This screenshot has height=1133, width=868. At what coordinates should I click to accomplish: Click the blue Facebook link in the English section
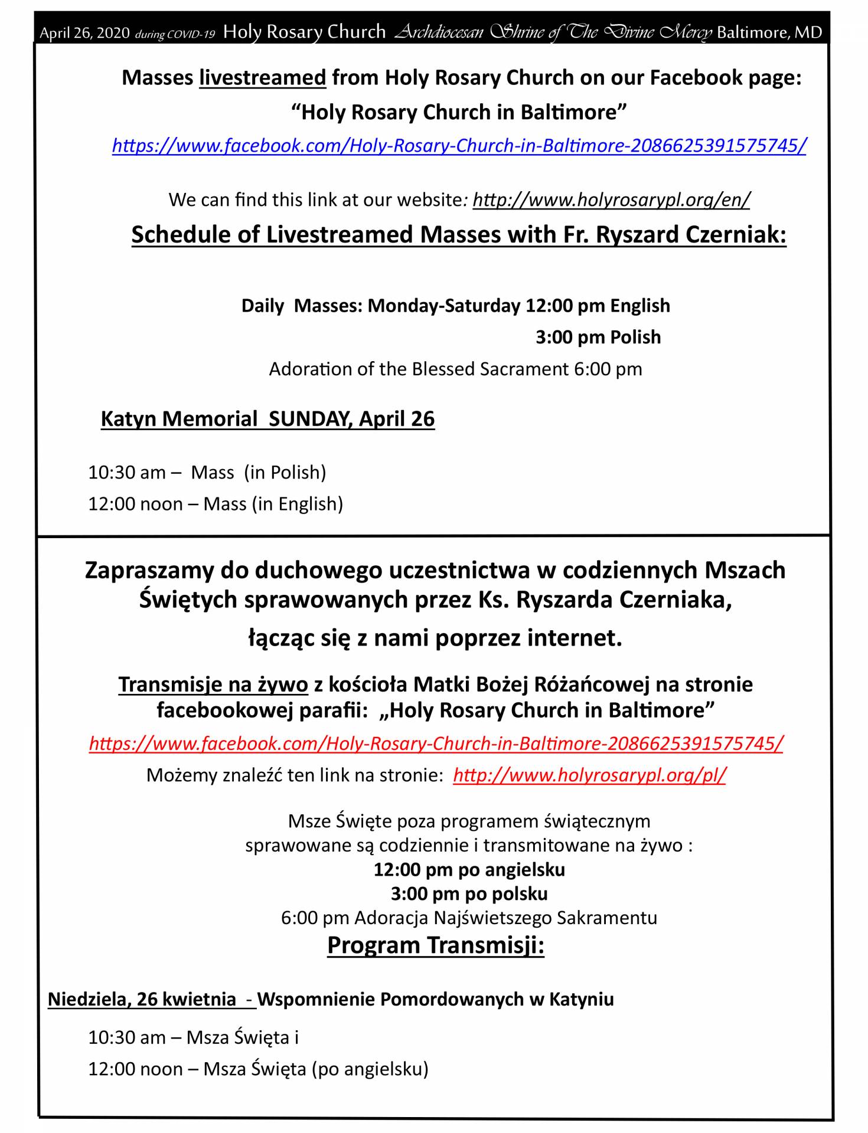[459, 145]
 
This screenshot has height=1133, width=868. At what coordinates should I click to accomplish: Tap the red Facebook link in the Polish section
[436, 743]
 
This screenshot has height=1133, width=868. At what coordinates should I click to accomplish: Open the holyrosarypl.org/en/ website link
[611, 200]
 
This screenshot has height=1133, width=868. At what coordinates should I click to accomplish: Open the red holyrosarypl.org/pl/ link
[589, 775]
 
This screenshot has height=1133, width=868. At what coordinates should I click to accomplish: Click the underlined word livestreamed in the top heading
[262, 78]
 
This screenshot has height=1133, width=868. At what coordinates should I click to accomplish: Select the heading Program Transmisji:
[435, 945]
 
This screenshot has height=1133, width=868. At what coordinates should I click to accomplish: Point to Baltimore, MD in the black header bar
[769, 32]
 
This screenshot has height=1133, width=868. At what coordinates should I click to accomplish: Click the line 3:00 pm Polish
[598, 337]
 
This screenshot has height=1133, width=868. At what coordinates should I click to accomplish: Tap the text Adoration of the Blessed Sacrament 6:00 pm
[455, 369]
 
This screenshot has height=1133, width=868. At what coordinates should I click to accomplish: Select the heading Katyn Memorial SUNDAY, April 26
[267, 418]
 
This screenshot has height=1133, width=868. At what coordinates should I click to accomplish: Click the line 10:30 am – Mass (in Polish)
[207, 472]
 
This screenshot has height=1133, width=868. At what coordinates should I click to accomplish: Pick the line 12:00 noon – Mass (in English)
[216, 504]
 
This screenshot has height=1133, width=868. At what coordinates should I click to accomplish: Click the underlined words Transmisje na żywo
[213, 684]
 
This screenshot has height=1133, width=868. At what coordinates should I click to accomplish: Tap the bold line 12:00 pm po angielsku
[469, 869]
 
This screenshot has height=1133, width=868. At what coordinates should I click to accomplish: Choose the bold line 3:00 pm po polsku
[469, 893]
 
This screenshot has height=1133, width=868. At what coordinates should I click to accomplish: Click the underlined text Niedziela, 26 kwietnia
[142, 999]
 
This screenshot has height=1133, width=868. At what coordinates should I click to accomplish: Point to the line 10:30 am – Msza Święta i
[193, 1037]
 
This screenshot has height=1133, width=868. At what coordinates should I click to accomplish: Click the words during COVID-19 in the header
[175, 34]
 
